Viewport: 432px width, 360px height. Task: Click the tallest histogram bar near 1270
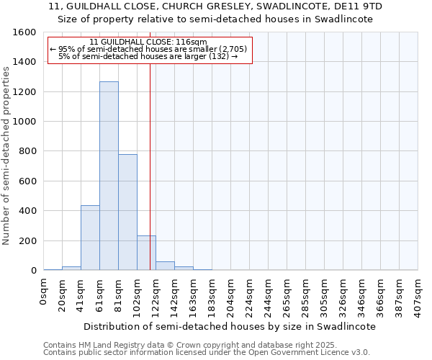pos(109,176)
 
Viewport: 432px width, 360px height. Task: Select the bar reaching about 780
pos(127,212)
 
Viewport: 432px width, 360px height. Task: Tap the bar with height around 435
pos(90,238)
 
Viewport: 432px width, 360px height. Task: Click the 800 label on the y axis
pos(28,151)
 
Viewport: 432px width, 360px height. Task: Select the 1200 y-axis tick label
pos(26,92)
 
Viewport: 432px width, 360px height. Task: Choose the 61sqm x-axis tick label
pos(99,294)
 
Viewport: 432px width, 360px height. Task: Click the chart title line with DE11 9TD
pos(215,6)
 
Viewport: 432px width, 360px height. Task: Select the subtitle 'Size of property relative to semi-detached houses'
pos(215,19)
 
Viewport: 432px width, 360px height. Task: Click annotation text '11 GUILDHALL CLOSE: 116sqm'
pos(150,42)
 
